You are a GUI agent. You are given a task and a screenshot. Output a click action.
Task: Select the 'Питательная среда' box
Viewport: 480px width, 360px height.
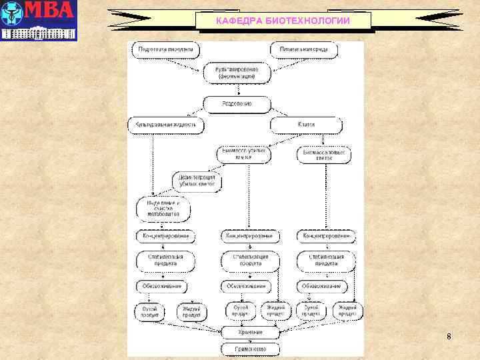[x=304, y=50]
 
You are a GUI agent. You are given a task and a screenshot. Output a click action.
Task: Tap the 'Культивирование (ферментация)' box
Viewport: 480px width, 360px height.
[x=237, y=73]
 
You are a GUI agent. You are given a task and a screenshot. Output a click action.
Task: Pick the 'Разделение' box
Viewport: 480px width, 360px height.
[x=237, y=105]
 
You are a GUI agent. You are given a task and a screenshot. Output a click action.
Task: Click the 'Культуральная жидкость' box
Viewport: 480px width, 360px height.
[x=165, y=125]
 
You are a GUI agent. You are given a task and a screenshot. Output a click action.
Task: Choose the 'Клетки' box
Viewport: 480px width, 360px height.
[x=306, y=125]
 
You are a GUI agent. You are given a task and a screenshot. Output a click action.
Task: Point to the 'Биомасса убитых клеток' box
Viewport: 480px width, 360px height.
[x=245, y=155]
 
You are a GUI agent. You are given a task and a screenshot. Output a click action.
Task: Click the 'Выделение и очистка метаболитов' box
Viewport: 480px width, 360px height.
[x=163, y=209]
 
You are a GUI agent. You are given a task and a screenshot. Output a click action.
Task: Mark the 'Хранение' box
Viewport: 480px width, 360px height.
[x=250, y=331]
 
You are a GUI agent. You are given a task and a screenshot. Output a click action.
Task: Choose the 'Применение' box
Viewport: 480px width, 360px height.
[x=250, y=348]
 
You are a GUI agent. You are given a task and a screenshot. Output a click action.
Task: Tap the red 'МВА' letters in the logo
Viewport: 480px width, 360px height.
[x=51, y=13]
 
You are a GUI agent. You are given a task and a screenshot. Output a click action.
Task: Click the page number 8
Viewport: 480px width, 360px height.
[x=449, y=337]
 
